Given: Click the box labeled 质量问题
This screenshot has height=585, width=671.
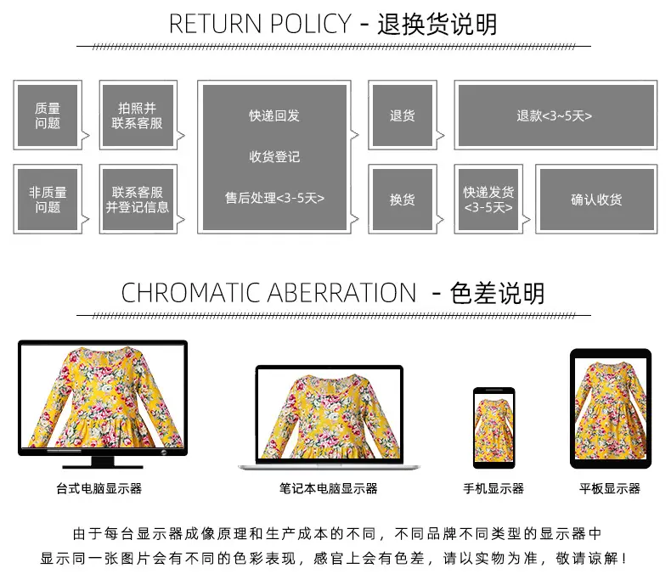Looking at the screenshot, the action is coord(48,115).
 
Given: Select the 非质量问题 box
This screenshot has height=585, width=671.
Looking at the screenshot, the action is coord(48,200).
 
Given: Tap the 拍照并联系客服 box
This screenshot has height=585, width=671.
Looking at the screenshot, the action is coord(138,115).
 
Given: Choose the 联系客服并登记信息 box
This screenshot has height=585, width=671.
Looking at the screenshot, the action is coord(138,200).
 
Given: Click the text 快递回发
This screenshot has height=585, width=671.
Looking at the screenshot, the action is coord(274,115).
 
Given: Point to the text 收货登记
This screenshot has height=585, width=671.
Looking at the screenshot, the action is coord(274,156).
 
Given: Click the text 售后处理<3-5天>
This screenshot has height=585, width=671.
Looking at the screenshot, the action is coord(274,198).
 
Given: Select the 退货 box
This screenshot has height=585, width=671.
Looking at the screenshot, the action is coord(403,115).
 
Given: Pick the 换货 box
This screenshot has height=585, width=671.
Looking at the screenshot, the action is coord(403,200).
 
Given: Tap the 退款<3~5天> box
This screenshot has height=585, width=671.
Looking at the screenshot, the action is coord(555,115).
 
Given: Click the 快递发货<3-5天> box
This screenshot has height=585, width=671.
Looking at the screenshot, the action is coord(488,200).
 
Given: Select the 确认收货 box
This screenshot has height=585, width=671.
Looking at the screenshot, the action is coord(596,200).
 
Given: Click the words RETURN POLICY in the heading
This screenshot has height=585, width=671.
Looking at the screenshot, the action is coord(260,24).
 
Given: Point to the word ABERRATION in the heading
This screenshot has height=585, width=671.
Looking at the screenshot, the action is coord(342,293).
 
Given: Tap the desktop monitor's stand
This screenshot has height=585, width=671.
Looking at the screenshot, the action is coord(103,462).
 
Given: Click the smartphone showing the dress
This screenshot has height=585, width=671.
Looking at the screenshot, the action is coord(493,428).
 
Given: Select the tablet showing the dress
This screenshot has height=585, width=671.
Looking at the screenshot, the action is coord(611,408).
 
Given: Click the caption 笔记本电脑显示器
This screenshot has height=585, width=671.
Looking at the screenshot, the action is coord(328,488).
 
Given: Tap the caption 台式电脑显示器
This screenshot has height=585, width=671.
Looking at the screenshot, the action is coord(99,488).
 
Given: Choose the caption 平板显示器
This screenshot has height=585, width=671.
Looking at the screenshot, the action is coord(610,488).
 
